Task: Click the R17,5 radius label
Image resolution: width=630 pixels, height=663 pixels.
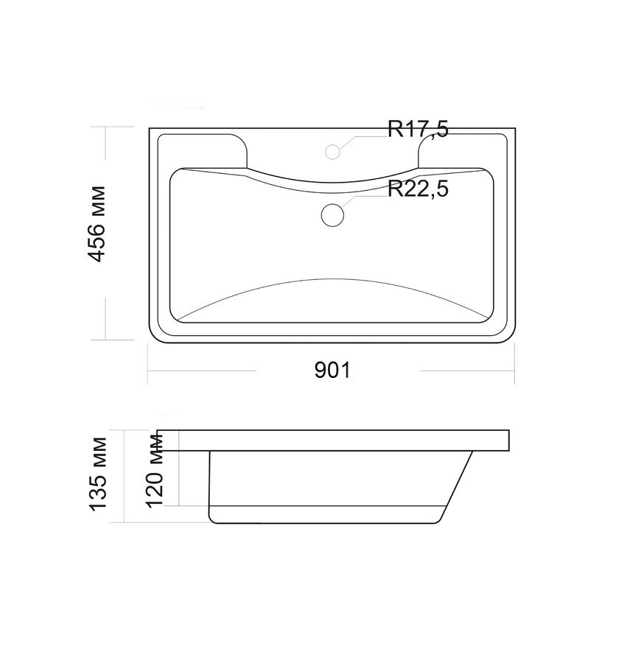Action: [418, 128]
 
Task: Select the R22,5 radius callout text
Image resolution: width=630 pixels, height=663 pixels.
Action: [418, 189]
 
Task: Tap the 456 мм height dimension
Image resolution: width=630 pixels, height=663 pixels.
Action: [97, 224]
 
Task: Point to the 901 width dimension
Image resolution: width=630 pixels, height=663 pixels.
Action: [332, 371]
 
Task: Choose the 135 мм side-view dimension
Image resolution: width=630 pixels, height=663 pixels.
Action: [98, 474]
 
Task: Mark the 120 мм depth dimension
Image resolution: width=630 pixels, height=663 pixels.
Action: [155, 470]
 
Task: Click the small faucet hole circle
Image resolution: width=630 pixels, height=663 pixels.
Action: [333, 151]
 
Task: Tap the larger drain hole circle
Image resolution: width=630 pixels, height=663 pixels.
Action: [332, 215]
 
